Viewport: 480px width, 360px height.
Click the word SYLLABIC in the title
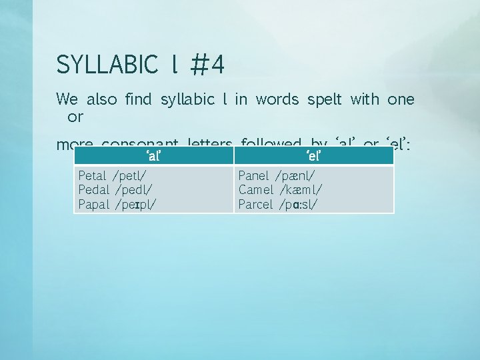[107, 65]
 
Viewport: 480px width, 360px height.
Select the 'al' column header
[153, 156]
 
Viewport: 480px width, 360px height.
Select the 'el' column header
[314, 156]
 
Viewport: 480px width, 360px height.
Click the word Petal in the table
[93, 176]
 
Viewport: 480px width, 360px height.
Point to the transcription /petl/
[131, 177]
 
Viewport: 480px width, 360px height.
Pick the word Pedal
[93, 190]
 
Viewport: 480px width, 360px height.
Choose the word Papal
[93, 204]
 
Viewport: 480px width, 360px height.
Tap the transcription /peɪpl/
[136, 205]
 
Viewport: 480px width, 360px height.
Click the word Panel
[254, 176]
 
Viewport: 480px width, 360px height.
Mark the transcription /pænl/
[295, 177]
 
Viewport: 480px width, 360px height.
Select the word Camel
[255, 190]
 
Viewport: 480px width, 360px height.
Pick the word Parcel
[256, 204]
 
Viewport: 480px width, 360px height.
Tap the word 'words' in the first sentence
[278, 100]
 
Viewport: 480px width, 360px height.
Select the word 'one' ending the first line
[401, 100]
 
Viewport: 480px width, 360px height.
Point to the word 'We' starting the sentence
[67, 100]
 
